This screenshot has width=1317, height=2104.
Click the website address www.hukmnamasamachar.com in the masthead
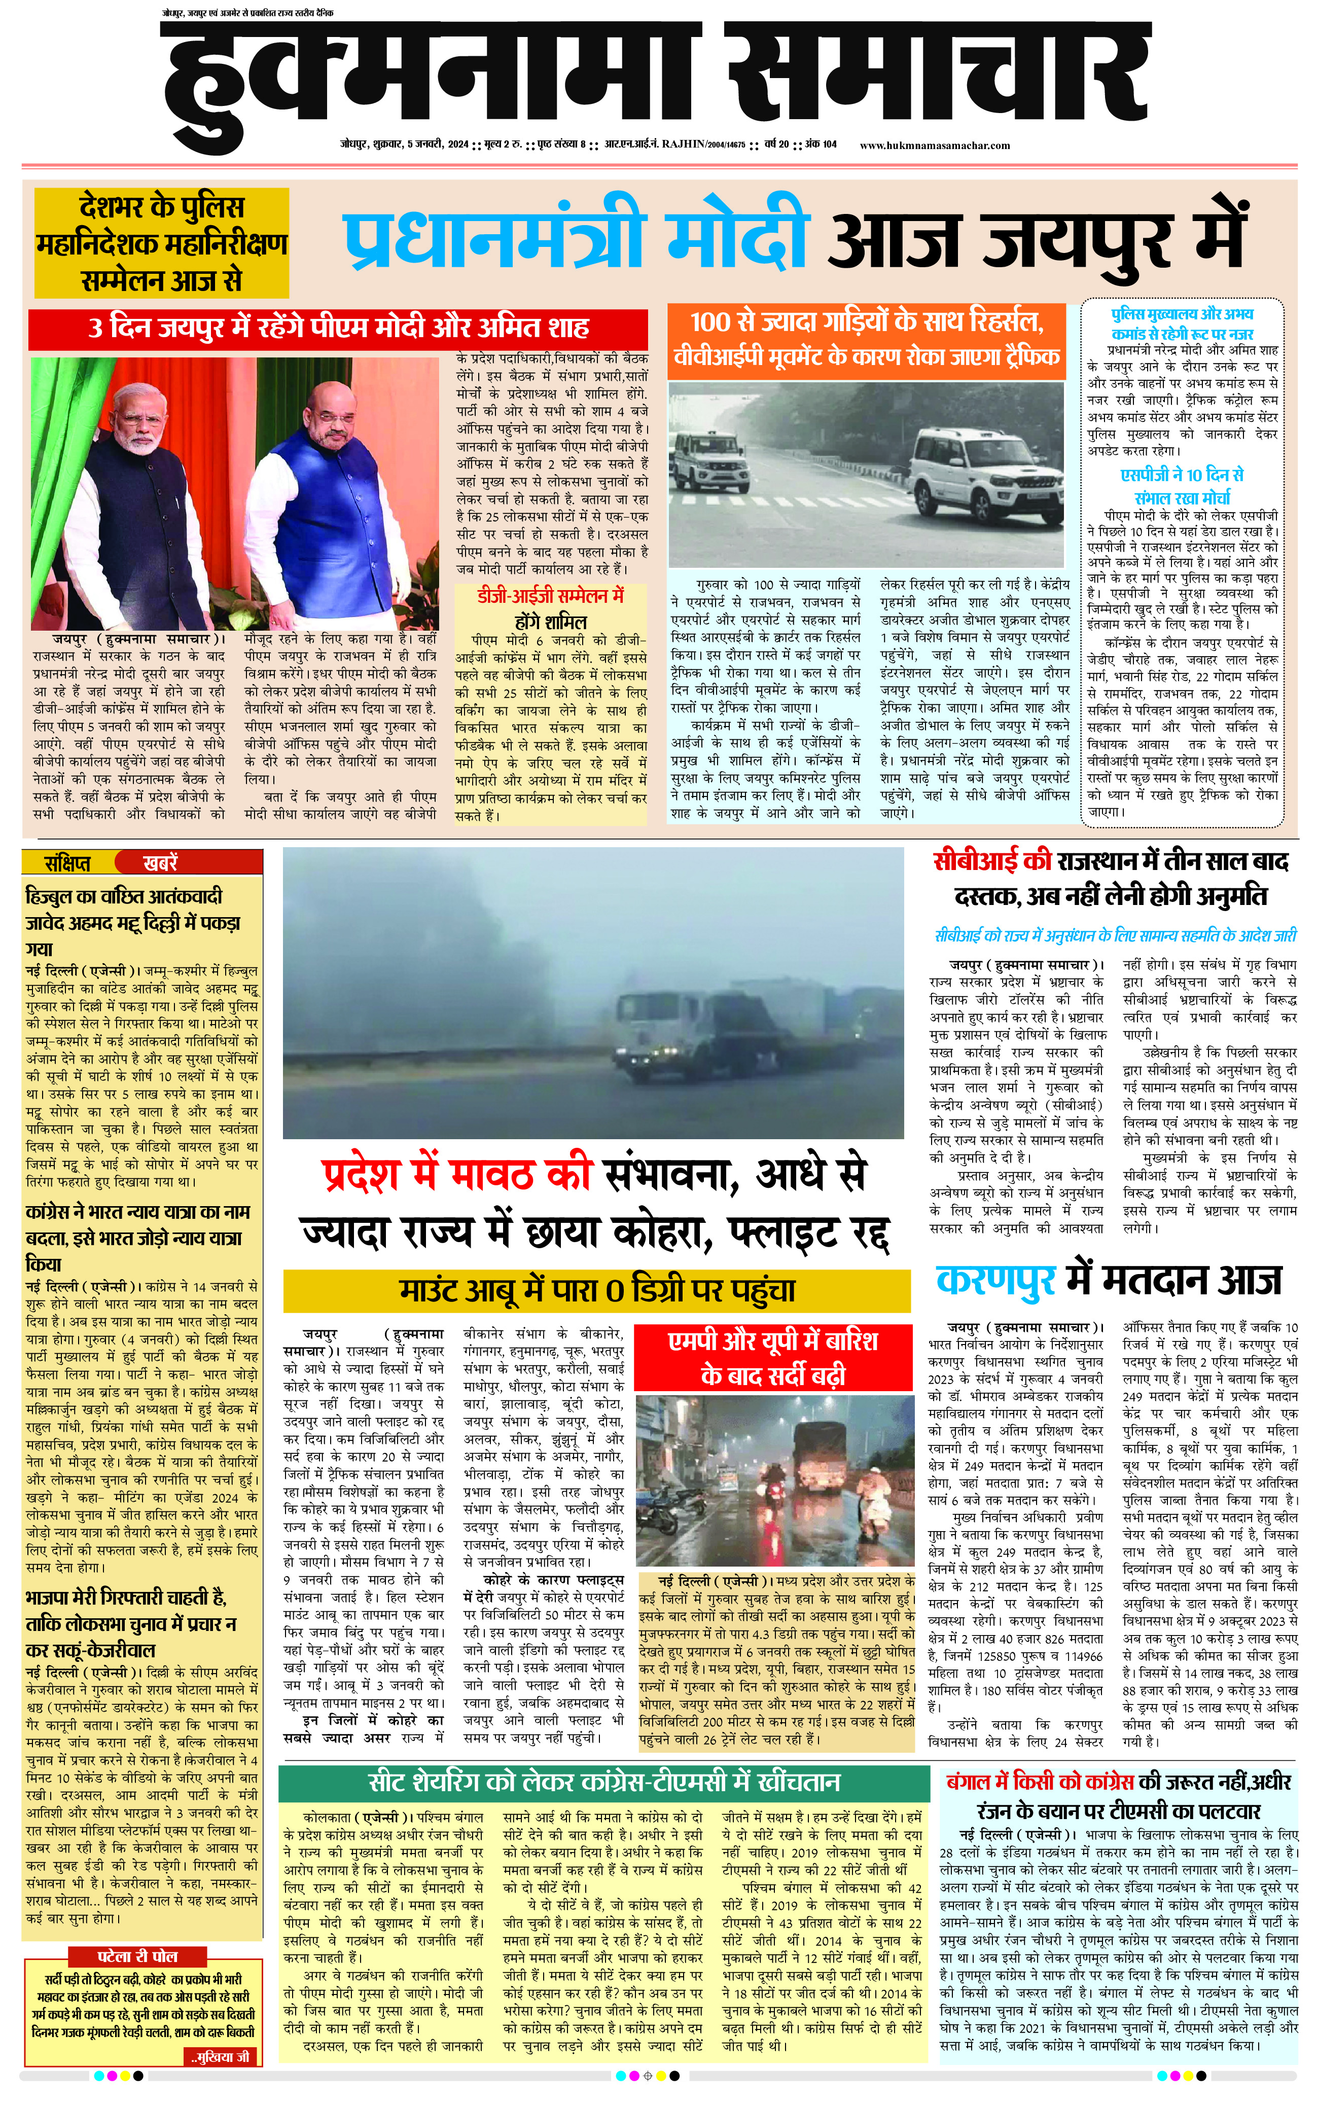pyautogui.click(x=935, y=146)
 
